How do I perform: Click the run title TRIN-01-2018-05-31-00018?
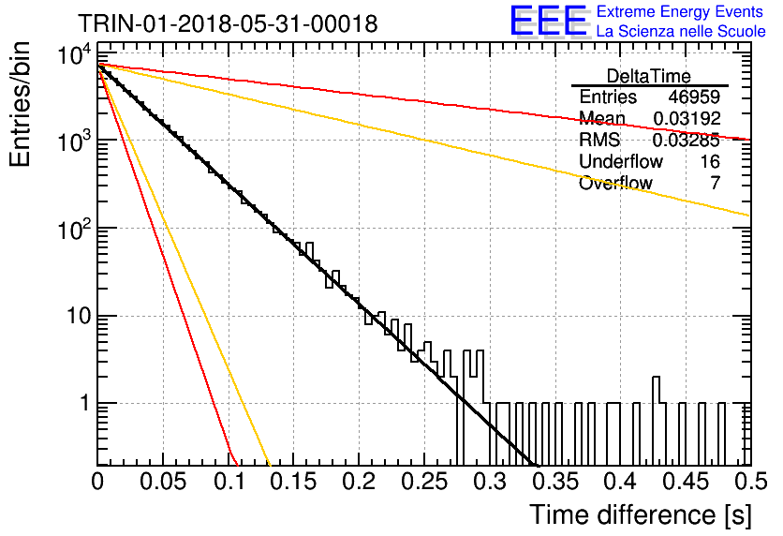(228, 23)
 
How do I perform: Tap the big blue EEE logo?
(549, 21)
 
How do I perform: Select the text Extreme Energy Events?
(680, 11)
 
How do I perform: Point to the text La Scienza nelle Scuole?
(681, 31)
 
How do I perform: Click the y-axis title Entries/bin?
(20, 104)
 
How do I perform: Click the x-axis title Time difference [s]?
(641, 514)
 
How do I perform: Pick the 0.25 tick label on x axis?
(424, 482)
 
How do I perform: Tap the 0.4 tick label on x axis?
(622, 482)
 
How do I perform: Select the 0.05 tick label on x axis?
(163, 482)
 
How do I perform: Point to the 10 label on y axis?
(79, 316)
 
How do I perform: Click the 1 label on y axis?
(84, 403)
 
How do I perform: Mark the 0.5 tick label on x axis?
(750, 482)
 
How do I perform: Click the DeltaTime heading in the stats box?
(649, 76)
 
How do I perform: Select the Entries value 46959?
(694, 97)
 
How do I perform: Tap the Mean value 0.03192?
(687, 118)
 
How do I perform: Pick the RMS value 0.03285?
(687, 140)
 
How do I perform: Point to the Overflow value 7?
(715, 183)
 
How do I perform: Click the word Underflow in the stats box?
(621, 161)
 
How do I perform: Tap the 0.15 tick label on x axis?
(294, 482)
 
